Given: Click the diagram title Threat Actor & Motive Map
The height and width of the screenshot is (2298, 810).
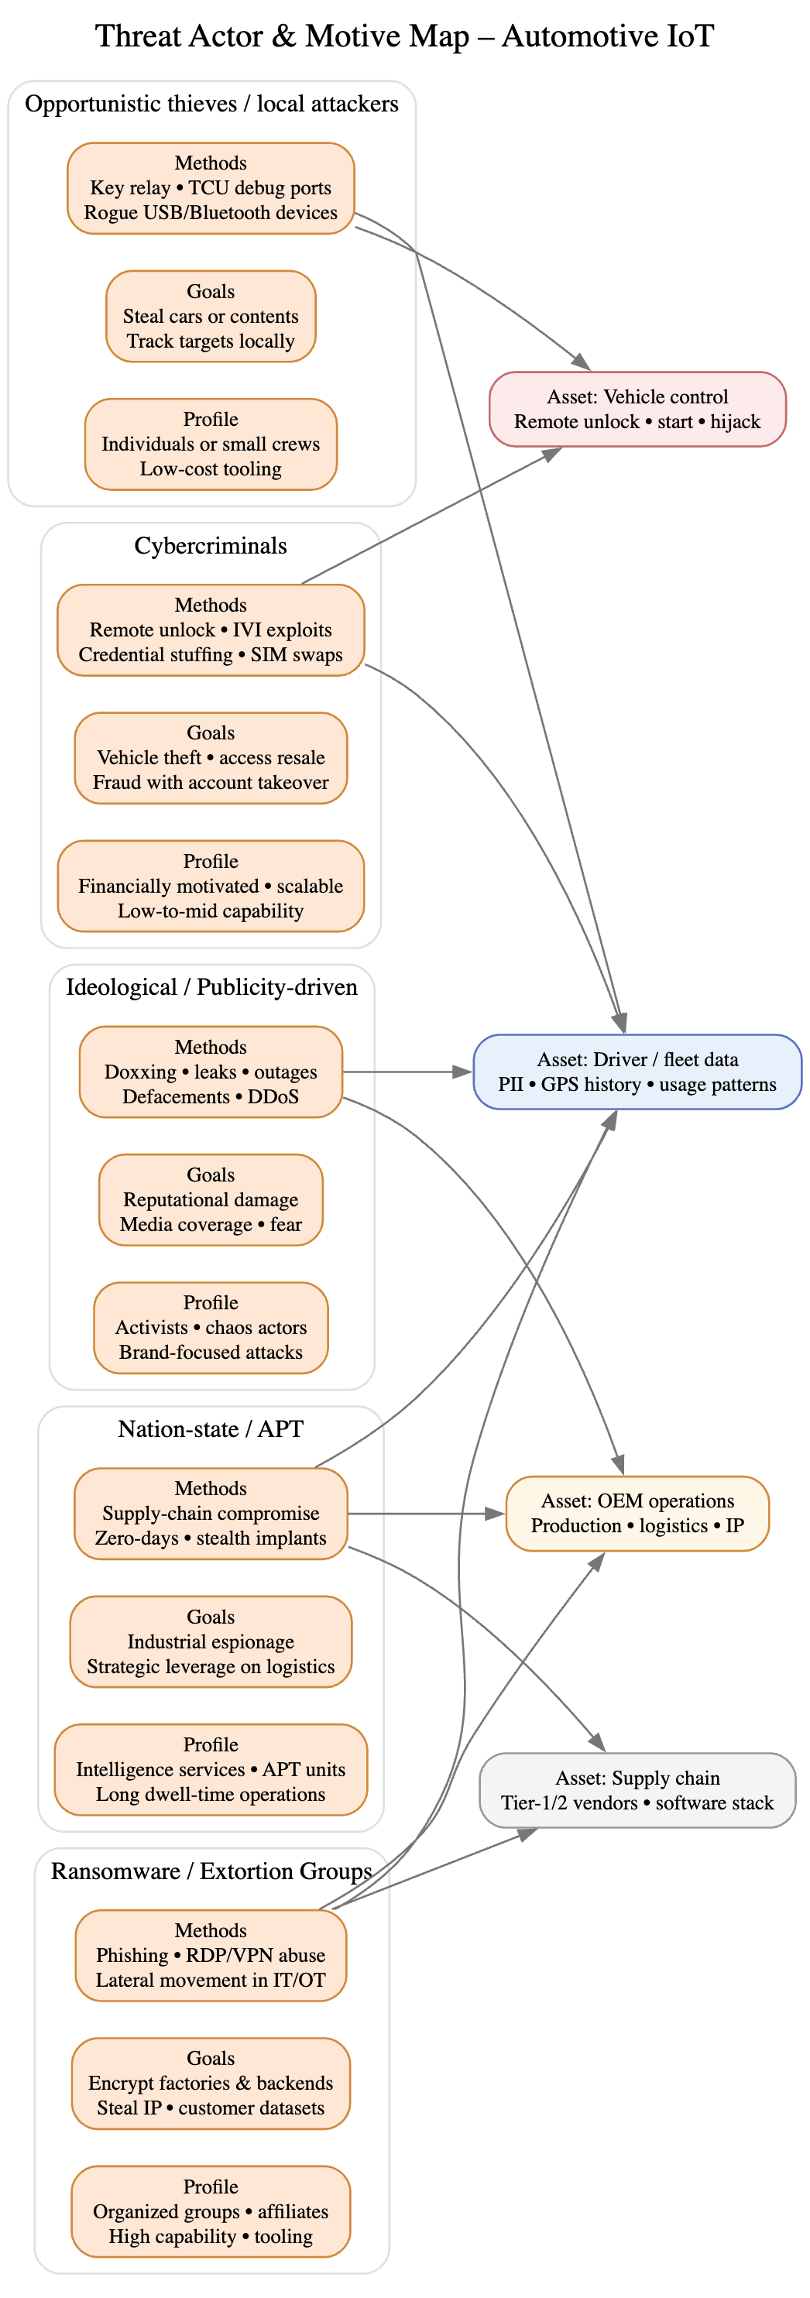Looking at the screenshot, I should pos(404,36).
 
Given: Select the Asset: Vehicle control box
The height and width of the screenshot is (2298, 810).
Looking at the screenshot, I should pos(637,410).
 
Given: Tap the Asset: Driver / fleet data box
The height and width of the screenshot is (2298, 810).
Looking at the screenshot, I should pos(637,1072).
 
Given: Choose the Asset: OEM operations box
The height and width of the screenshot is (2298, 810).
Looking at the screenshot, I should pos(637,1513).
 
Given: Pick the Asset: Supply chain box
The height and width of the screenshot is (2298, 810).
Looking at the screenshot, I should pos(637,1790).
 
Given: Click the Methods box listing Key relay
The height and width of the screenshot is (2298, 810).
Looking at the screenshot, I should pos(211,188).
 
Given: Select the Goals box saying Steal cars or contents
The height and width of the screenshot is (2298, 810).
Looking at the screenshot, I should pos(211,317).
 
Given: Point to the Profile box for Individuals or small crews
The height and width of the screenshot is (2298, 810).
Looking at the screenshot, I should pos(211,444).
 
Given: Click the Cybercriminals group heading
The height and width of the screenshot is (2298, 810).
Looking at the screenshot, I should pos(211,546).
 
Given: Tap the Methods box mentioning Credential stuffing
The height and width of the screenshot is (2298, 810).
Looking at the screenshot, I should pos(211,629).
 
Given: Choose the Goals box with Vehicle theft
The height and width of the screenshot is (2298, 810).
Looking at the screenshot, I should pos(211,758).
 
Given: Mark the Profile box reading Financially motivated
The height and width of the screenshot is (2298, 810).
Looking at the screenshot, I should pos(211,886).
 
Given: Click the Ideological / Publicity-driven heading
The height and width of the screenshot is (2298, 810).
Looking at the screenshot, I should pos(211,987).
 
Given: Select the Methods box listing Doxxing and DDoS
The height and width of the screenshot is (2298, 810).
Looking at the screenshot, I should pos(211,1072).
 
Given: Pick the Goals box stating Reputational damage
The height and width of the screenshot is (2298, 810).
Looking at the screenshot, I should pos(211,1200).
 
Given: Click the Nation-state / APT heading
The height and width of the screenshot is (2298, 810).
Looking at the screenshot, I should pos(211,1429).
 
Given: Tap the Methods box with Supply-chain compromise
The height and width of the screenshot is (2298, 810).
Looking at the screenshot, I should pos(211,1513).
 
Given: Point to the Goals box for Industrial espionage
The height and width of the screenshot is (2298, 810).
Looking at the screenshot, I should pos(211,1641).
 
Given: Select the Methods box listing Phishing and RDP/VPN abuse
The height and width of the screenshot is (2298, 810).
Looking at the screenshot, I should pos(211,1956).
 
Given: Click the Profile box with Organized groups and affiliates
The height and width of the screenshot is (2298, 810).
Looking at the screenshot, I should pos(211,2211).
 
